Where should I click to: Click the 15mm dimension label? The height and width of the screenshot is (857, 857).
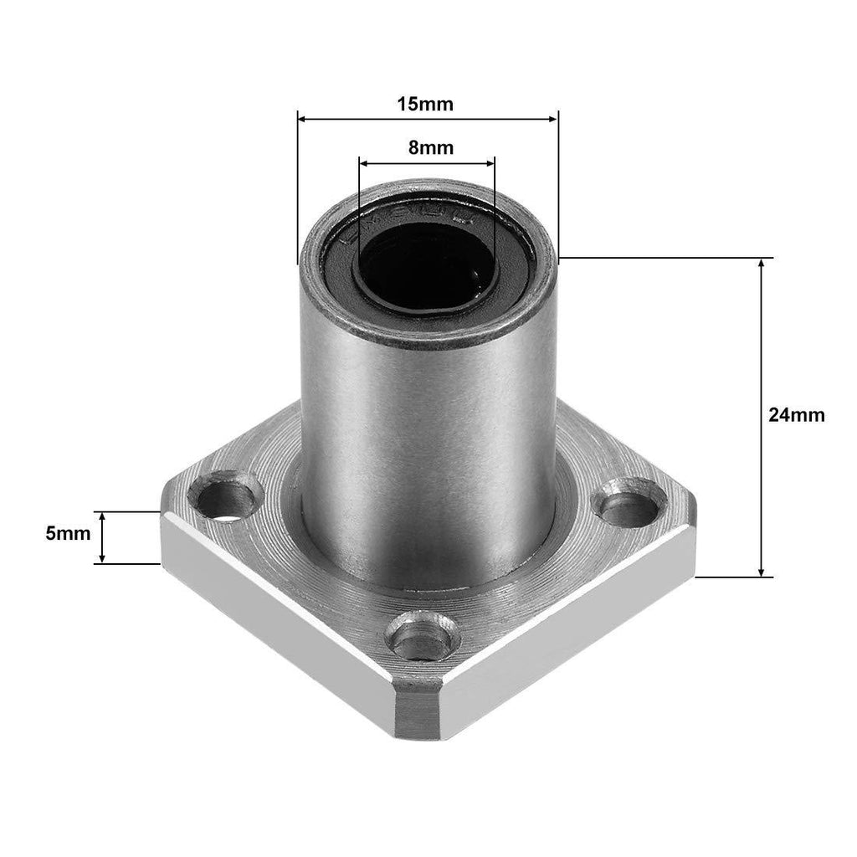click(424, 105)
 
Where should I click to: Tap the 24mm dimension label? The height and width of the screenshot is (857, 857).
click(797, 414)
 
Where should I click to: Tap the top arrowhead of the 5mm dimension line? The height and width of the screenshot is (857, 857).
click(102, 516)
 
